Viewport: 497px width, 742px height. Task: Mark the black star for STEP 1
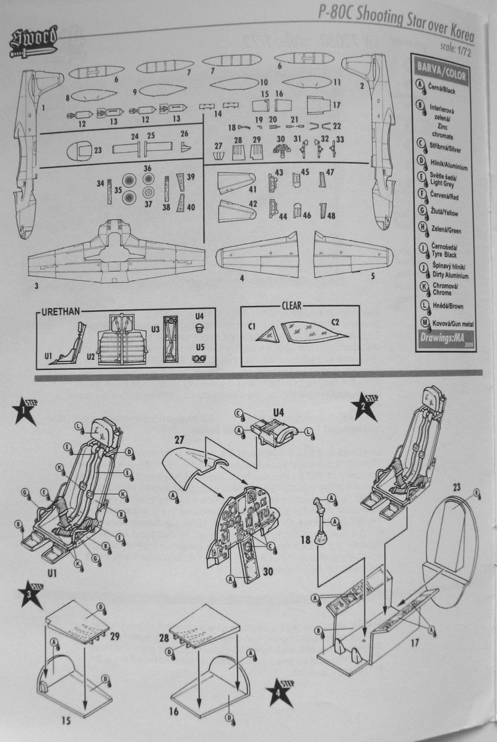point(24,411)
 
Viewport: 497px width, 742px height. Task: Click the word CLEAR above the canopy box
point(291,306)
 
